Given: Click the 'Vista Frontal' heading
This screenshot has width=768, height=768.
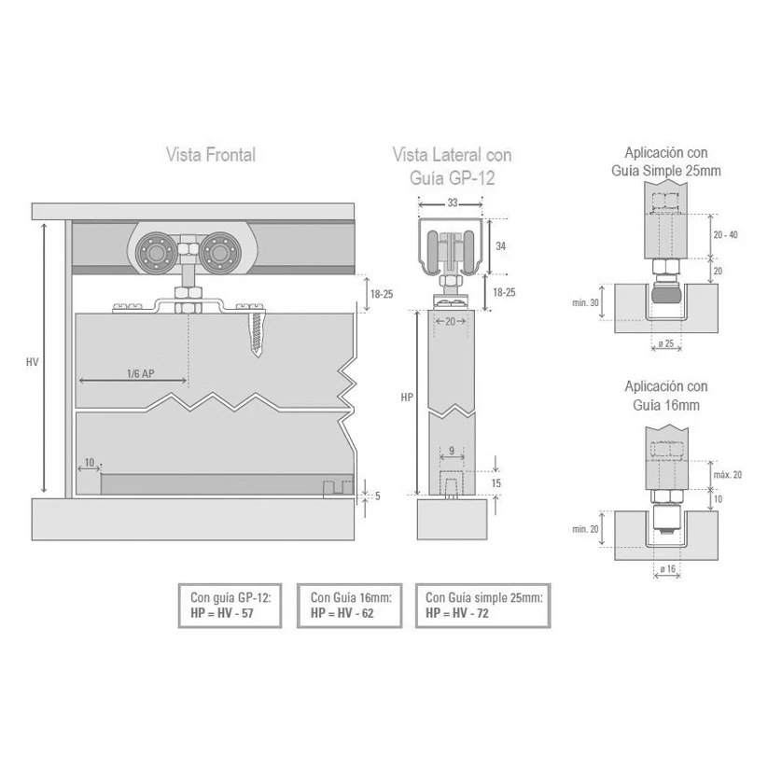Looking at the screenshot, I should click(x=210, y=155).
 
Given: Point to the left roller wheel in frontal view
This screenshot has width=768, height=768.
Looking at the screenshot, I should click(x=155, y=253).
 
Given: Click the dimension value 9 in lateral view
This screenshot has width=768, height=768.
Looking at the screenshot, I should click(x=451, y=451).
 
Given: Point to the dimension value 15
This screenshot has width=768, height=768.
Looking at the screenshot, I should click(x=496, y=483).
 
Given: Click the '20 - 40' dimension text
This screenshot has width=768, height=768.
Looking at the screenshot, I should click(x=725, y=234).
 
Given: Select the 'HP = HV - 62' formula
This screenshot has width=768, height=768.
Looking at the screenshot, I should click(x=348, y=613).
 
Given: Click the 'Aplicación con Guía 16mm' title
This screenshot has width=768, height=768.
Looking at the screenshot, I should click(x=665, y=396).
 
